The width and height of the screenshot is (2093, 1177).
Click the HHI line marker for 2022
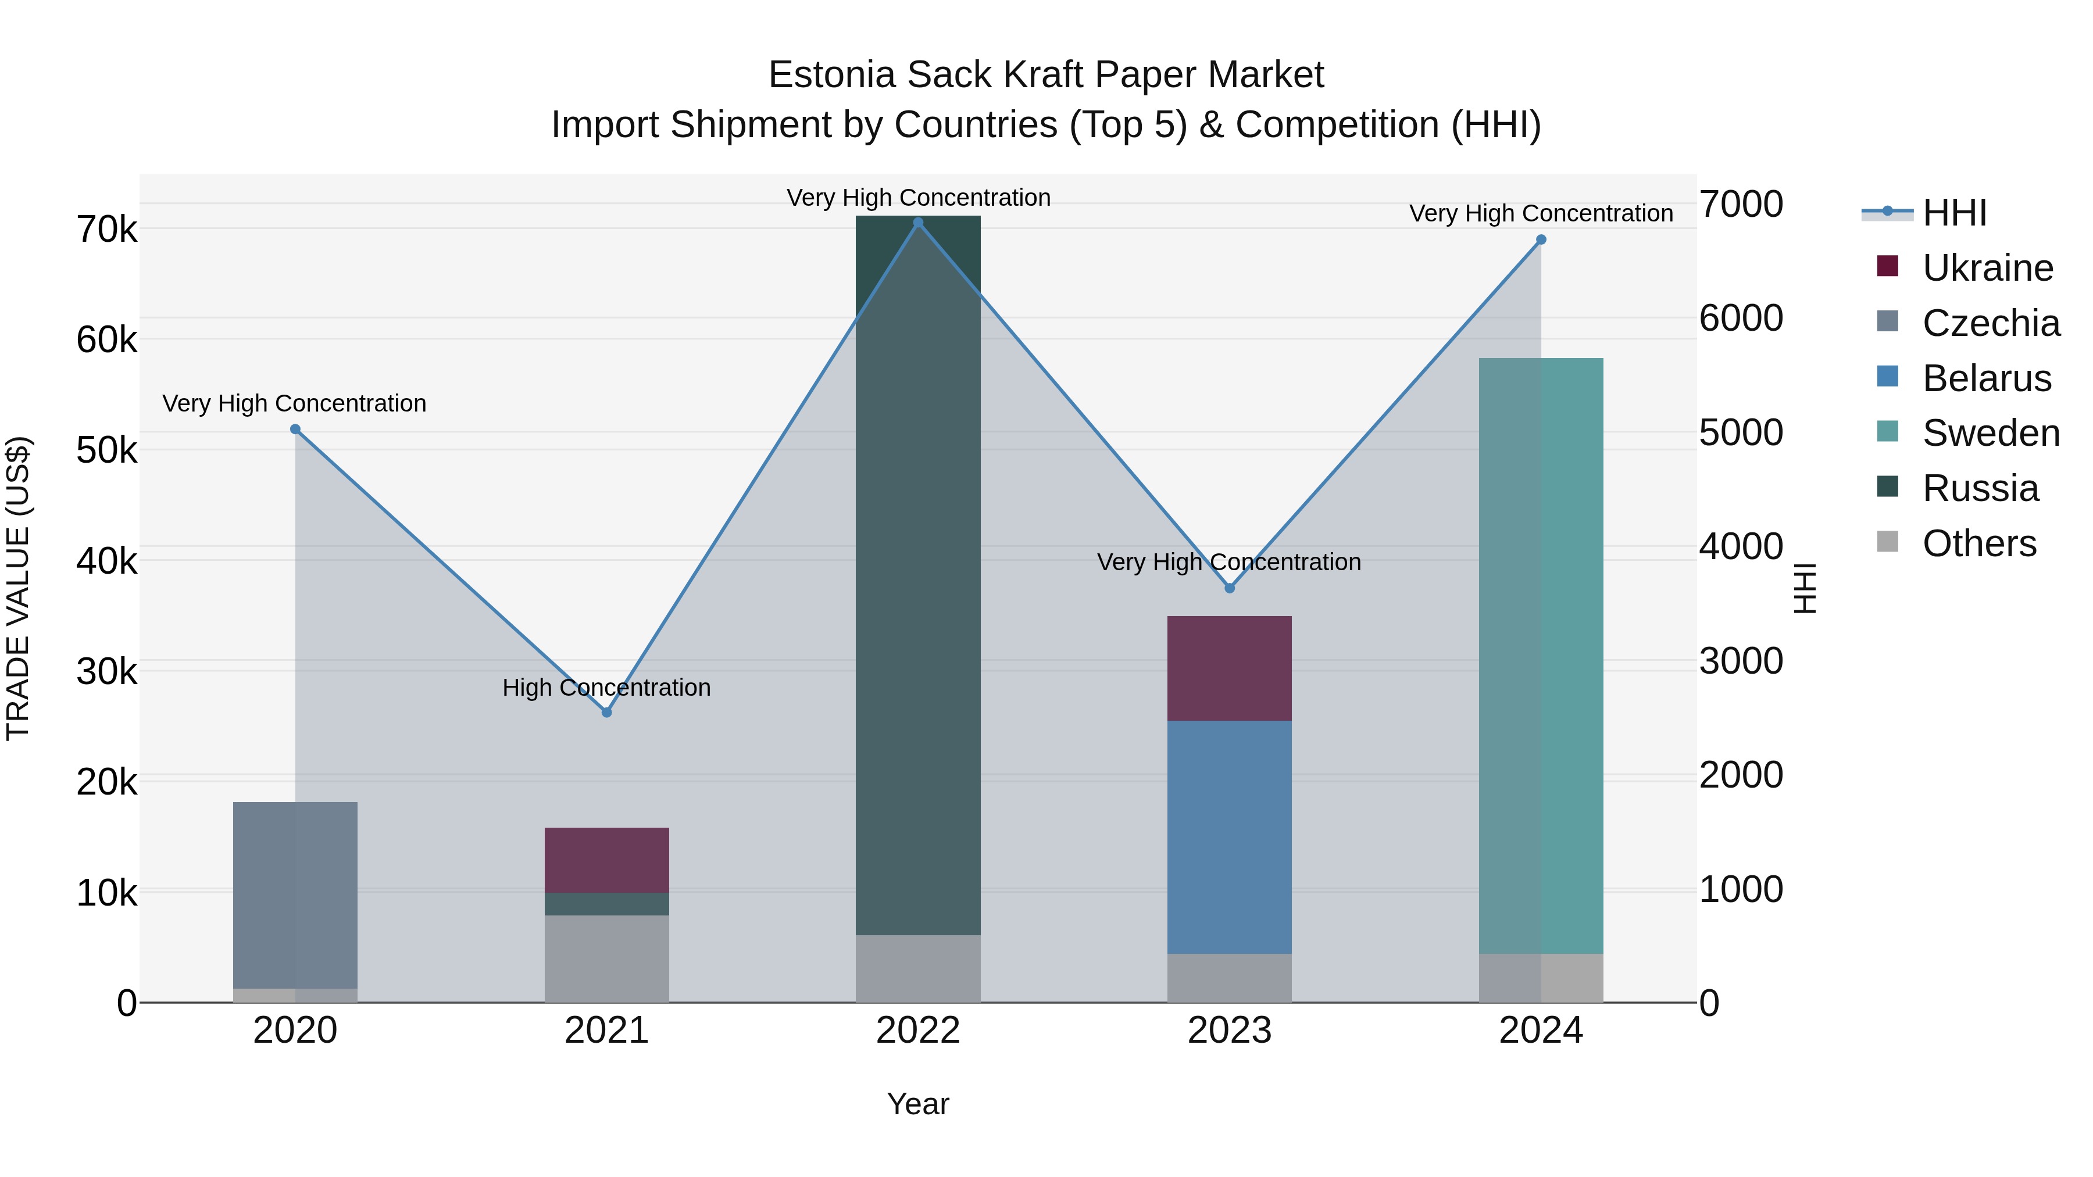click(918, 223)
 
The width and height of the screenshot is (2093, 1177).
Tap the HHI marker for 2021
click(606, 713)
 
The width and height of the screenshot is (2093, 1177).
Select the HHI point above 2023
click(1229, 588)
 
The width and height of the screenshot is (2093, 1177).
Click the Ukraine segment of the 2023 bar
click(1229, 668)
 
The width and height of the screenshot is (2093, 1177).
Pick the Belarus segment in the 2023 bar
click(1229, 836)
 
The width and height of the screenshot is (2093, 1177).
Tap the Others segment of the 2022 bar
click(918, 968)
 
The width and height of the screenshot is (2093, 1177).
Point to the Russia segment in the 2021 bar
click(606, 904)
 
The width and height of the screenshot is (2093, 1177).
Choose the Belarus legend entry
click(1987, 378)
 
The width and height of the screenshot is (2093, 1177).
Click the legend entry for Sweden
click(1991, 433)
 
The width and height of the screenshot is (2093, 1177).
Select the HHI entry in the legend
click(1954, 213)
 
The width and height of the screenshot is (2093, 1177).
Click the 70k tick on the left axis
click(106, 230)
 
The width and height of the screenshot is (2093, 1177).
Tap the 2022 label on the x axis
click(918, 1031)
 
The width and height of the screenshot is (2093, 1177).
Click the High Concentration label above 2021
click(606, 688)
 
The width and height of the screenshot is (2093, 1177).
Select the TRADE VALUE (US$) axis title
click(18, 588)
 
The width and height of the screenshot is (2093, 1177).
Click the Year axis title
click(918, 1104)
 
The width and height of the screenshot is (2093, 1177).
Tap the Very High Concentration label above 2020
click(294, 404)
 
